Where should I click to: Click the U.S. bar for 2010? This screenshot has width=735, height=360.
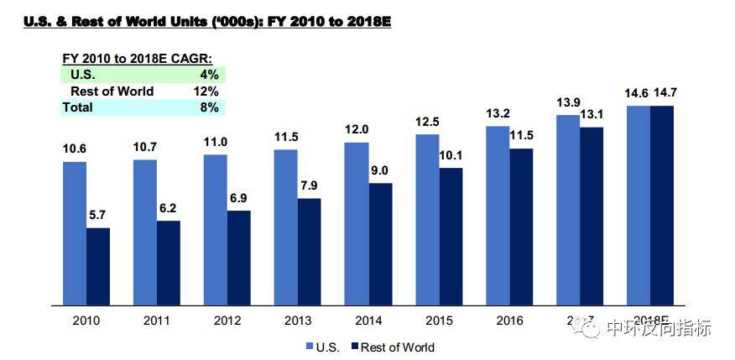[75, 232]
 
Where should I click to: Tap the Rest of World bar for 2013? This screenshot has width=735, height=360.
[310, 252]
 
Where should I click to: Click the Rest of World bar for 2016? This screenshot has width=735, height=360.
[521, 227]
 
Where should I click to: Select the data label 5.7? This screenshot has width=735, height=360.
[98, 217]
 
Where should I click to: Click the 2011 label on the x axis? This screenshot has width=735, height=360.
[157, 321]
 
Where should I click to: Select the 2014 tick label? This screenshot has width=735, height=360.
[368, 321]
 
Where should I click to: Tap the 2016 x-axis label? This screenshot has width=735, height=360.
[509, 321]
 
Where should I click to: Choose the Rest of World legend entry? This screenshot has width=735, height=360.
[390, 346]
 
